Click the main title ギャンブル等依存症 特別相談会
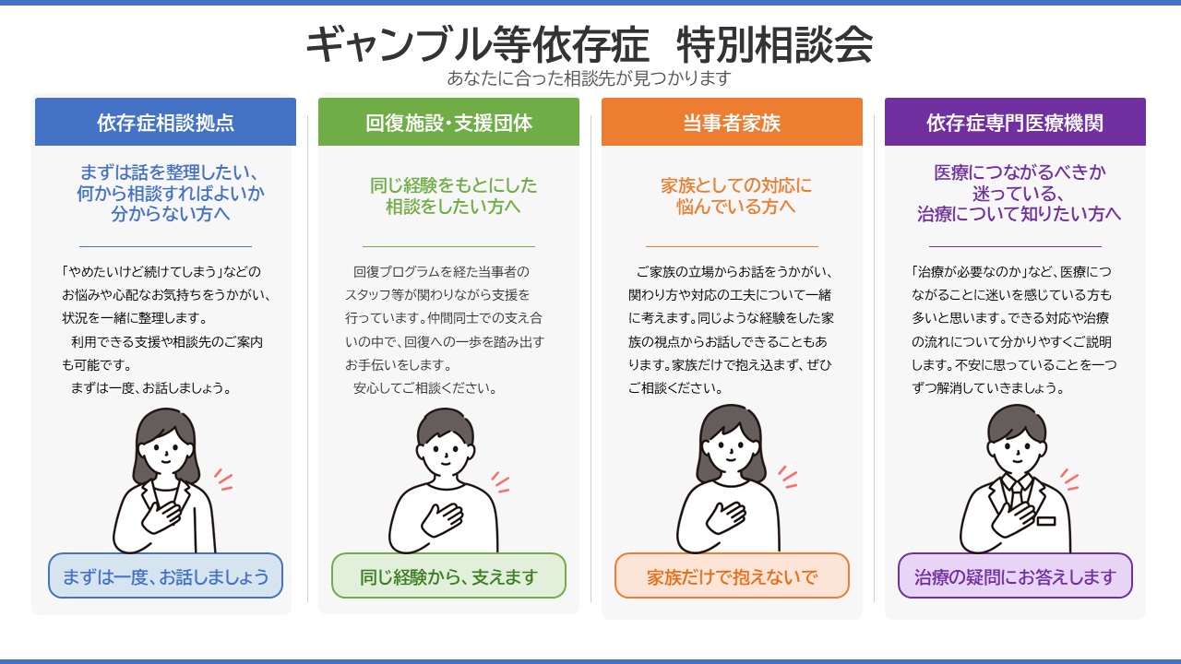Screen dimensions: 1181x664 pyautogui.click(x=590, y=45)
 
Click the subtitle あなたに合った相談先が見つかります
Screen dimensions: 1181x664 pyautogui.click(x=590, y=78)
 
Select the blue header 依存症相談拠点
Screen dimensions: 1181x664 pyautogui.click(x=165, y=122)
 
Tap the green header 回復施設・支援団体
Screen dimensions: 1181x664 pyautogui.click(x=448, y=122)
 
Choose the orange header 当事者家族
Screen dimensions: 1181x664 pyautogui.click(x=732, y=122)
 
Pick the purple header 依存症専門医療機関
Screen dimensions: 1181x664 pyautogui.click(x=1015, y=122)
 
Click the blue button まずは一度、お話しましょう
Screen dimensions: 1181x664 pyautogui.click(x=165, y=575)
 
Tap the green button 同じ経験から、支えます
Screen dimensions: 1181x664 pyautogui.click(x=448, y=575)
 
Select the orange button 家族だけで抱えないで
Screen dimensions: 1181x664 pyautogui.click(x=732, y=575)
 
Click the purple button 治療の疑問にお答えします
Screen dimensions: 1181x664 pyautogui.click(x=1015, y=575)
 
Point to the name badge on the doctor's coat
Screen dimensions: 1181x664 pyautogui.click(x=1046, y=521)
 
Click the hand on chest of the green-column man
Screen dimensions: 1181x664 pyautogui.click(x=442, y=519)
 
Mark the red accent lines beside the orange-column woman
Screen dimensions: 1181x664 pyautogui.click(x=788, y=477)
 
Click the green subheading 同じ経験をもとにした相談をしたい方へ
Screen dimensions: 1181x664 pyautogui.click(x=453, y=196)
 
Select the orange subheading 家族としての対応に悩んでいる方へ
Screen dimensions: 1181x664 pyautogui.click(x=736, y=196)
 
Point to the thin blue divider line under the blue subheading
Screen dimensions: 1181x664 pyautogui.click(x=165, y=246)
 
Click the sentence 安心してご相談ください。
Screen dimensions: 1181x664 pyautogui.click(x=425, y=388)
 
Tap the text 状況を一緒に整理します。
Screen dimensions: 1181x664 pyautogui.click(x=135, y=318)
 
